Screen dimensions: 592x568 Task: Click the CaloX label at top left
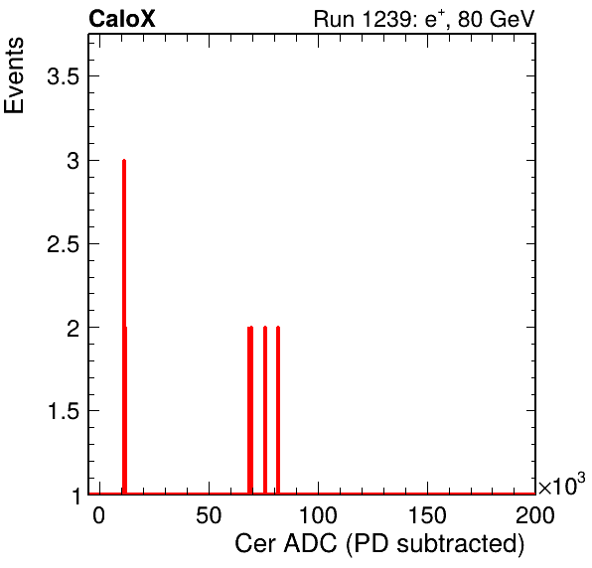122,19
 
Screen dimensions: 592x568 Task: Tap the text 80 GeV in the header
497,19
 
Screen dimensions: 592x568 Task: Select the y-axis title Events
14,75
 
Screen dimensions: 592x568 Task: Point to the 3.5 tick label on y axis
63,76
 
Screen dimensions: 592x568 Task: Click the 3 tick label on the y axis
73,161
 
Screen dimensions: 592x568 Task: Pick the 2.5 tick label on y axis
63,244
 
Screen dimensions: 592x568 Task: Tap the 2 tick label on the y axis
73,328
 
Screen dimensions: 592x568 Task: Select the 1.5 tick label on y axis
63,411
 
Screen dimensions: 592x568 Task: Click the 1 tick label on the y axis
76,496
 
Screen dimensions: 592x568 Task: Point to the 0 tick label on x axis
99,515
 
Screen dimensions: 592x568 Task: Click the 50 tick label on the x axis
209,515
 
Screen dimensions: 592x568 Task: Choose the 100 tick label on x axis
318,515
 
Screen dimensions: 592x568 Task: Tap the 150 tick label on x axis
427,515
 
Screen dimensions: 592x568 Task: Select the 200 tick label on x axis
535,515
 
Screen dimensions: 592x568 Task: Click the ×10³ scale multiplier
562,485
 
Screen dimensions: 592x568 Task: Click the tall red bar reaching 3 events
124,327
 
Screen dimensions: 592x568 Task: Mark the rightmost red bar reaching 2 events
278,410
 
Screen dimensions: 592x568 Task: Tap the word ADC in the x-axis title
310,544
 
